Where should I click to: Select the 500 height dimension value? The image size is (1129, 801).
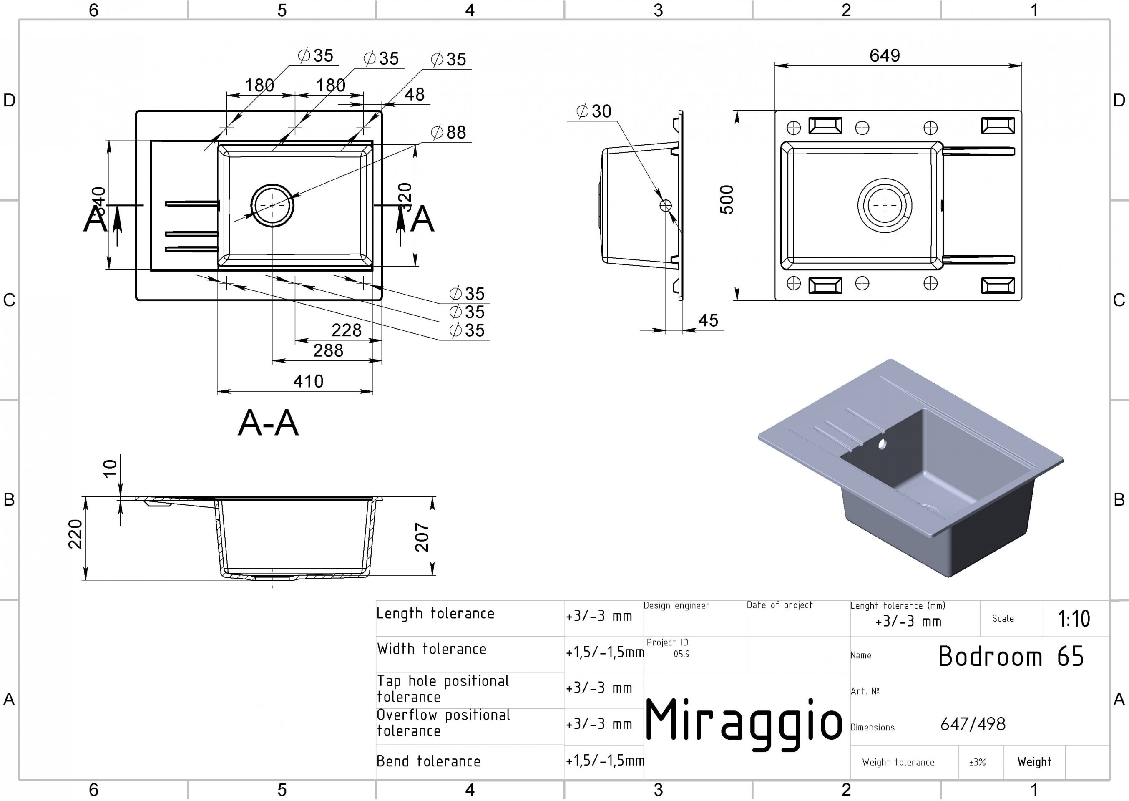click(x=727, y=200)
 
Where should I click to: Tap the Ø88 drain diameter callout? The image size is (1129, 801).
click(x=448, y=132)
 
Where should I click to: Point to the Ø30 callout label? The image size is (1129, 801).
click(x=593, y=111)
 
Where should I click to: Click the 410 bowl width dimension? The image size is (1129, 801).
click(x=308, y=381)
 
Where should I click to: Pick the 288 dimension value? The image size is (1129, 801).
click(x=328, y=351)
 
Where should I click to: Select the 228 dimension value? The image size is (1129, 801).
click(x=346, y=330)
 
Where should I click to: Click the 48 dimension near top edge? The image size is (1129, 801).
click(x=415, y=94)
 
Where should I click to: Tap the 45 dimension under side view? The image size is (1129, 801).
click(x=709, y=320)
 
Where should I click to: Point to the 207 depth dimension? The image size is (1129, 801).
click(x=422, y=537)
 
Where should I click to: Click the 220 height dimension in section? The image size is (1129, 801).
click(x=75, y=534)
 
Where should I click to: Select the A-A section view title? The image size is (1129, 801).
click(x=268, y=423)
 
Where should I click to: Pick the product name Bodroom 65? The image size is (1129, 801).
click(x=1011, y=657)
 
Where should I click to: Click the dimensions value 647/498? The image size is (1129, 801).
click(x=973, y=724)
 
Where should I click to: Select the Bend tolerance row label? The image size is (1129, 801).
click(x=428, y=761)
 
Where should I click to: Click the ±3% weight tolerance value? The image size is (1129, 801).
click(x=977, y=762)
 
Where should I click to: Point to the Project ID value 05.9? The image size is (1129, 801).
click(x=682, y=654)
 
